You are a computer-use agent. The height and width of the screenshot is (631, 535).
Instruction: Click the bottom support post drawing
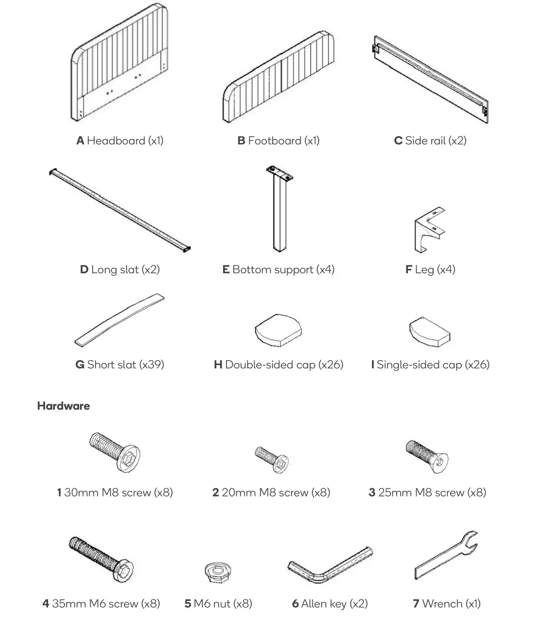(278, 209)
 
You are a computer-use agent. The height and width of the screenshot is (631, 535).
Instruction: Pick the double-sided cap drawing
(278, 330)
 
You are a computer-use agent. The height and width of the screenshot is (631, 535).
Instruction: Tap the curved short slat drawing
(119, 319)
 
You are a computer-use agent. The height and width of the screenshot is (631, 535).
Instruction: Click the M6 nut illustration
(218, 572)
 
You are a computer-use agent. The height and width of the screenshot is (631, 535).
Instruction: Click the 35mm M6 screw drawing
(102, 558)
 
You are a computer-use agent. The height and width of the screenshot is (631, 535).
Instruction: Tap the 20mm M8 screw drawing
(272, 459)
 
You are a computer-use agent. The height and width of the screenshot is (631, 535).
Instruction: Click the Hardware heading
(64, 406)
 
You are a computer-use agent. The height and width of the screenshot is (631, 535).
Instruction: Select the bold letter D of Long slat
(84, 269)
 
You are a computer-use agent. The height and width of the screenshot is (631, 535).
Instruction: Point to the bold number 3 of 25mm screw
(372, 493)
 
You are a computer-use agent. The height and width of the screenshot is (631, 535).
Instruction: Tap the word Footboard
(275, 141)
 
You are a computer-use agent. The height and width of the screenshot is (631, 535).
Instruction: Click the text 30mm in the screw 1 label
(81, 493)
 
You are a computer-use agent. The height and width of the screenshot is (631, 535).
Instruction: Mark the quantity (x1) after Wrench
(472, 604)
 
